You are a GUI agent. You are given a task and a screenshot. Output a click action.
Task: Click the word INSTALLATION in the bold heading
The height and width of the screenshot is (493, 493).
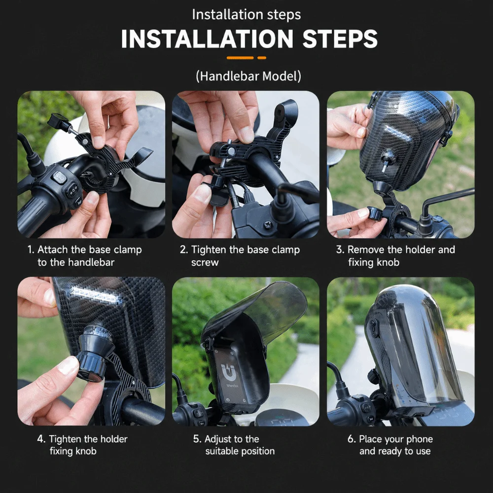click(x=207, y=39)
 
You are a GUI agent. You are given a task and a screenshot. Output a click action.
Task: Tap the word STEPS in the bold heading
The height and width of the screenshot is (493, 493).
click(x=340, y=39)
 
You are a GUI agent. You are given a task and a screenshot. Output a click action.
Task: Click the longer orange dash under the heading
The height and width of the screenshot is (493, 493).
click(x=240, y=58)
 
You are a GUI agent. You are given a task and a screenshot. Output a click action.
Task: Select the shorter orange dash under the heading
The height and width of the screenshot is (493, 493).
click(x=262, y=58)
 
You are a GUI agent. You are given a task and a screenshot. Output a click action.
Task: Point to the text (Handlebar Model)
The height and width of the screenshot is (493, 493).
click(x=248, y=76)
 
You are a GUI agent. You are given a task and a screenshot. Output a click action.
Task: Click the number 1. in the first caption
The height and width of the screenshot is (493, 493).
click(x=31, y=249)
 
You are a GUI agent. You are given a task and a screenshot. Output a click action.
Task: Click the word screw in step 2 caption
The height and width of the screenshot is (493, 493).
click(x=205, y=263)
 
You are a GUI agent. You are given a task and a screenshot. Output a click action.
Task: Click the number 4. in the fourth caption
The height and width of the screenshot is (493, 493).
click(x=41, y=439)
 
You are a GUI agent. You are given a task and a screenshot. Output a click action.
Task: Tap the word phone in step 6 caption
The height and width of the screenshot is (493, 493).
click(x=420, y=439)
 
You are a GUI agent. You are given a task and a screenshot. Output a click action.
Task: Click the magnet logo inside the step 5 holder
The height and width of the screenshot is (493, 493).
click(x=228, y=371)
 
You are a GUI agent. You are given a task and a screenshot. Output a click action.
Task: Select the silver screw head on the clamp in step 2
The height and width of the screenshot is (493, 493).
click(x=231, y=151)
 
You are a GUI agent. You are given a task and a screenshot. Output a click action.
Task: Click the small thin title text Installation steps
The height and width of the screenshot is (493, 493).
click(x=246, y=15)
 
